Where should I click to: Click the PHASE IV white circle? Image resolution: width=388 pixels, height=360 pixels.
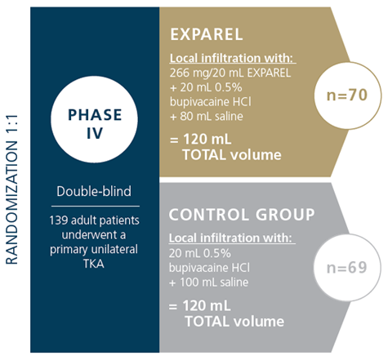pos(94,119)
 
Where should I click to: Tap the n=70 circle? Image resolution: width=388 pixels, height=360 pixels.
pos(348,96)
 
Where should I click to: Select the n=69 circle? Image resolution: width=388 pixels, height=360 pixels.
pos(347,267)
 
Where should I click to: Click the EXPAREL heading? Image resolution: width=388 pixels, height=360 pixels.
pos(207,34)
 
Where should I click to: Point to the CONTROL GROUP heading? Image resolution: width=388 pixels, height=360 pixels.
pos(242,215)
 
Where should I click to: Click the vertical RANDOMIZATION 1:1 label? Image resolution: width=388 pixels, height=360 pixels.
pos(11,189)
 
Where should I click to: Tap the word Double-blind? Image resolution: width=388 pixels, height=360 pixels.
pos(94,191)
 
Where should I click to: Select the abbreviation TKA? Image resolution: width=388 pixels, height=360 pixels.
pos(94,264)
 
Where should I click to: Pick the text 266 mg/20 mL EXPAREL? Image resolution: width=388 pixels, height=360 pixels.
pos(230,73)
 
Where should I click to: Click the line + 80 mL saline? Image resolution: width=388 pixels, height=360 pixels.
pos(207,117)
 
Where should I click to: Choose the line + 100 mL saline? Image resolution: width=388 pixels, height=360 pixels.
pos(208,282)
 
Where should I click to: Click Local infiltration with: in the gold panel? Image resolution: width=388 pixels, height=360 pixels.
pos(233,58)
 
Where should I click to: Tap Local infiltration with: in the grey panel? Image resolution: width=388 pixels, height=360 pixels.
pos(232,238)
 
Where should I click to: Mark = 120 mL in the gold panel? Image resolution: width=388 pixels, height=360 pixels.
pos(201,140)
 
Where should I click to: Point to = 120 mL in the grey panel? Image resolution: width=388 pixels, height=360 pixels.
pos(200,305)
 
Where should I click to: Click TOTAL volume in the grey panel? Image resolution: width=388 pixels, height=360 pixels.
pos(234,322)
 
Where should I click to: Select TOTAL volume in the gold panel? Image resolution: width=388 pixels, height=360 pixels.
pos(232,155)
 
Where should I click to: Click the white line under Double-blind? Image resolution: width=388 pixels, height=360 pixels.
pos(96,206)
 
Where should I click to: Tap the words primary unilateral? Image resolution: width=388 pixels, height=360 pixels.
pos(94,250)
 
